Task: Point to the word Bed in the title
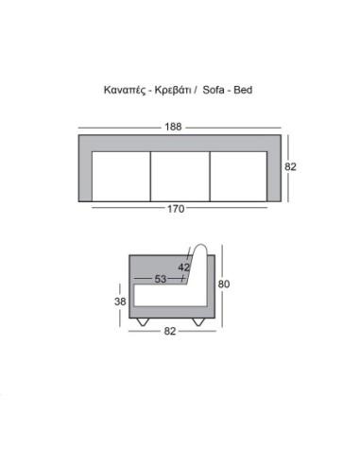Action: click(x=245, y=91)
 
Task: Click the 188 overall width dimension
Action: click(x=179, y=127)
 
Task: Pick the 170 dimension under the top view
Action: click(x=177, y=209)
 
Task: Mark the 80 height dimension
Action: click(x=224, y=284)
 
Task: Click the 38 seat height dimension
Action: click(x=119, y=303)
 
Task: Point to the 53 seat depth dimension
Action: click(x=161, y=279)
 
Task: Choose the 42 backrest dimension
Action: click(x=184, y=267)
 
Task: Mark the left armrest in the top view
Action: click(x=85, y=170)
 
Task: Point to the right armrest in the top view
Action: click(x=274, y=170)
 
